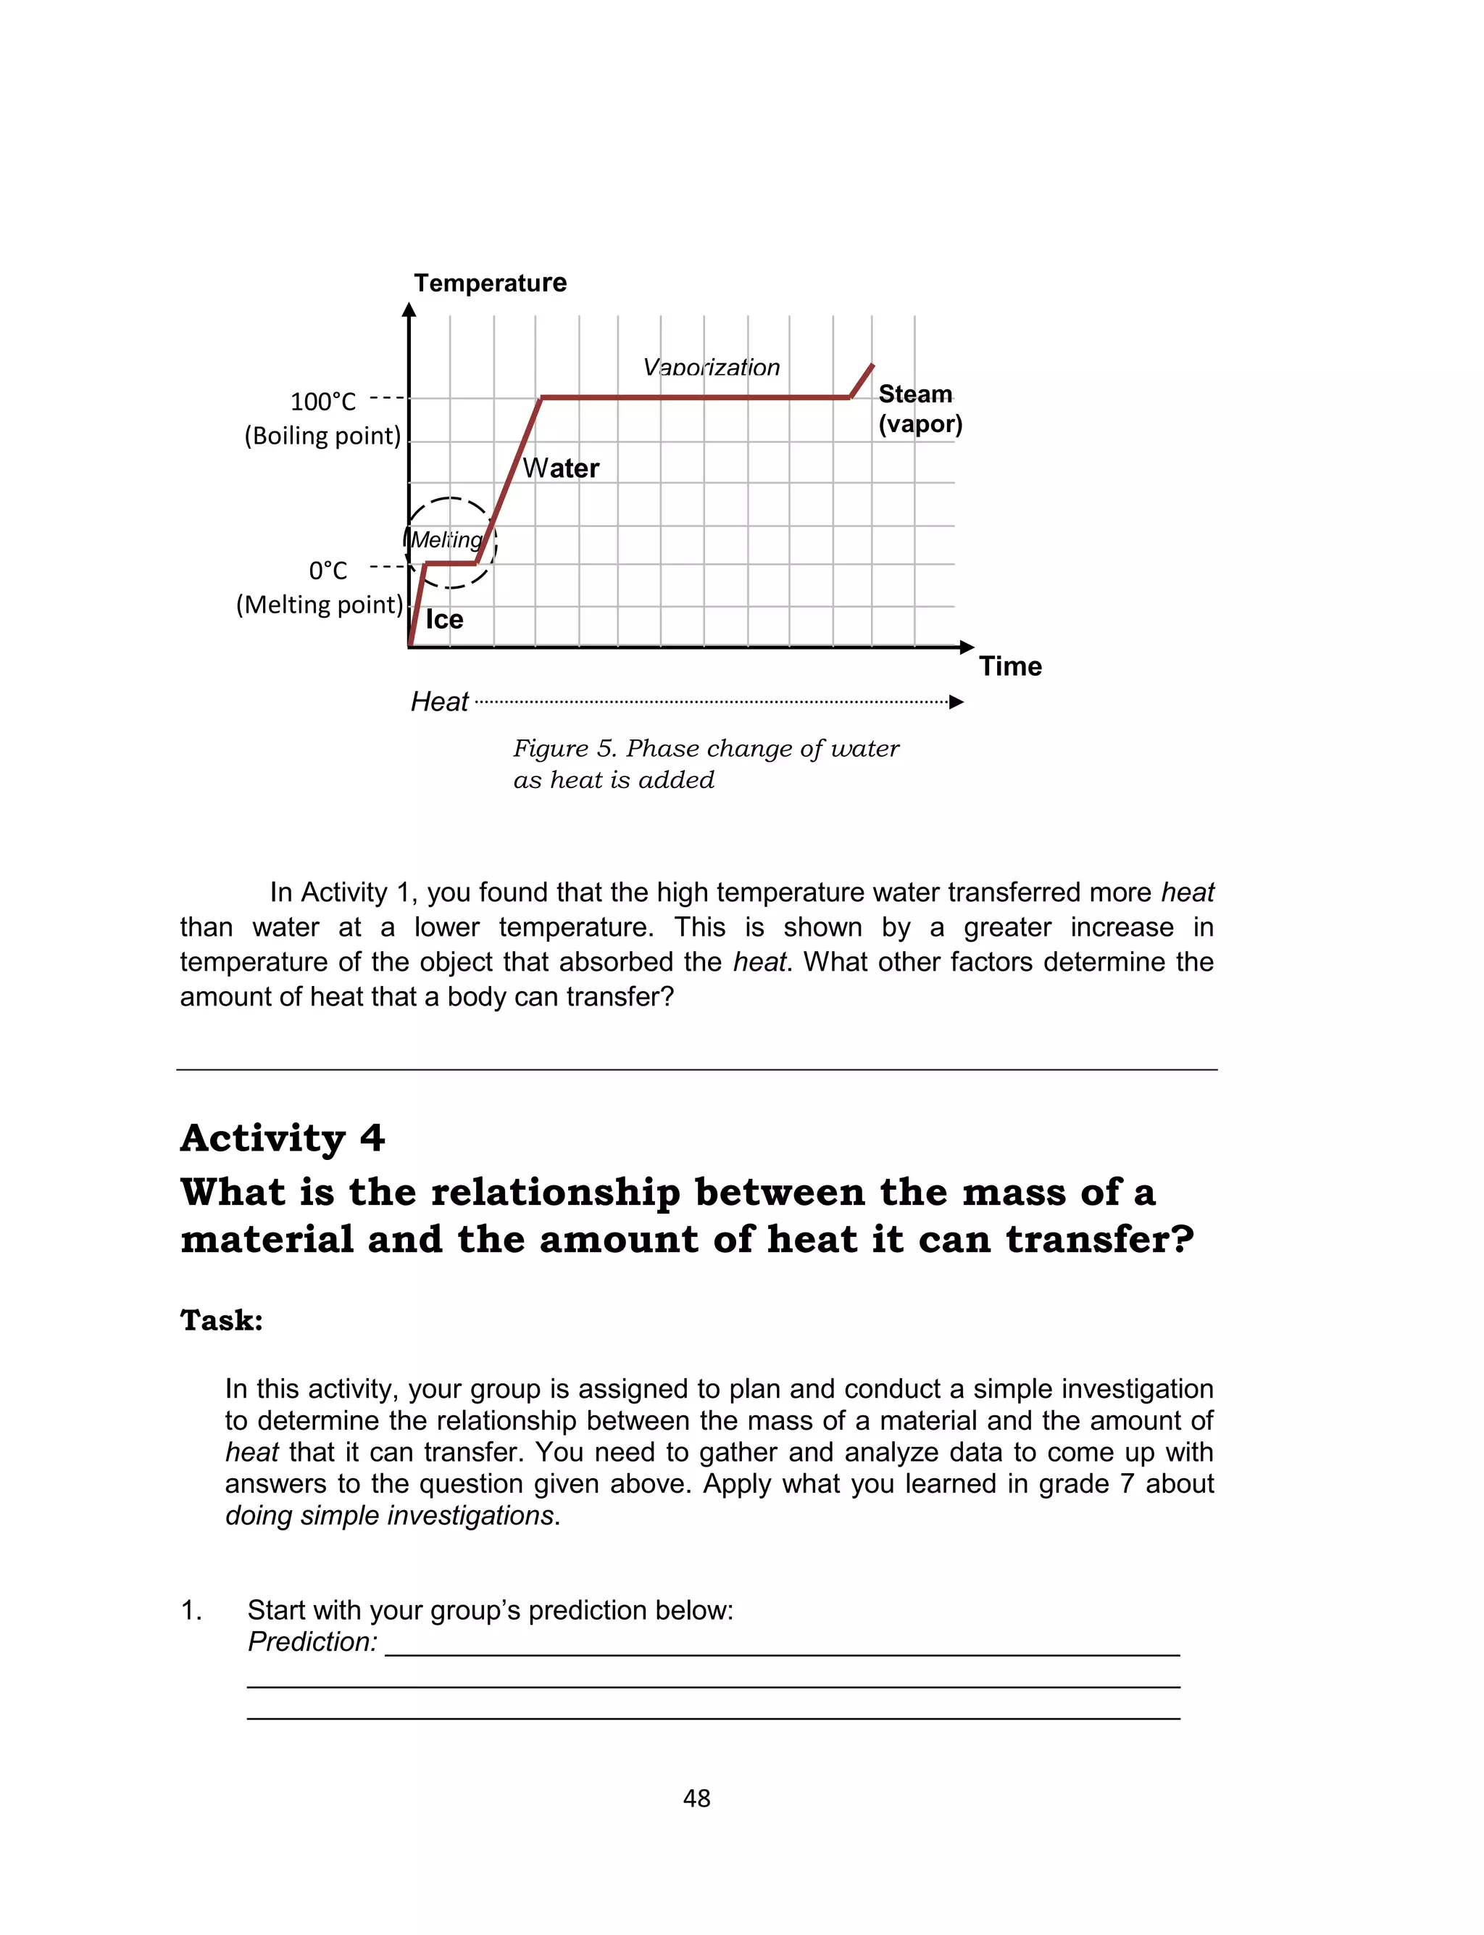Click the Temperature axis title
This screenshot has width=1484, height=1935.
coord(491,283)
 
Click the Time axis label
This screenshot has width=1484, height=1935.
coord(1009,666)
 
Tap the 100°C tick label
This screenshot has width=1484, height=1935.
coord(323,402)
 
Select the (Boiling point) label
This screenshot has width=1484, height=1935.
coord(322,436)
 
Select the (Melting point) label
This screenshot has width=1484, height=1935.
coord(319,605)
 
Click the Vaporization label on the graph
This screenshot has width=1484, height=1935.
coord(711,368)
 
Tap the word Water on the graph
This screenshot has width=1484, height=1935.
coord(561,468)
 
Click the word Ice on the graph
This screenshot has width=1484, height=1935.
coord(443,619)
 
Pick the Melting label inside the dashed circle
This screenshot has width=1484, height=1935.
coord(447,540)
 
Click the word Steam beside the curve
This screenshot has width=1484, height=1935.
coord(915,394)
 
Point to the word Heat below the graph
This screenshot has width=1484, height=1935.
coord(439,702)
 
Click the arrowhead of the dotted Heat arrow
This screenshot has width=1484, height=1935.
coord(956,703)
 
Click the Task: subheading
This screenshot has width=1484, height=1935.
coord(222,1320)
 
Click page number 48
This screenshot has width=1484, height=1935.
coord(697,1798)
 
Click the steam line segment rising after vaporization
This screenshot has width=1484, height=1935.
coord(862,381)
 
